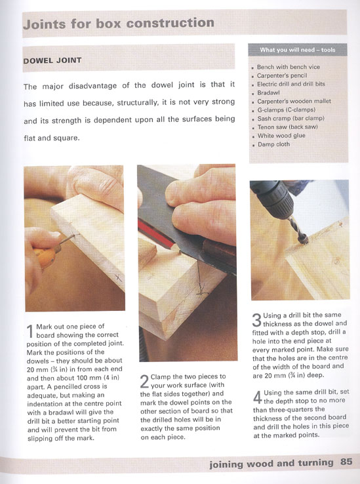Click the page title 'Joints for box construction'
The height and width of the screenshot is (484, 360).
click(119, 24)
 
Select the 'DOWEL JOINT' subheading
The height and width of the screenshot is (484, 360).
click(52, 60)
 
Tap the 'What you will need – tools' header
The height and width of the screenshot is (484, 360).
click(297, 50)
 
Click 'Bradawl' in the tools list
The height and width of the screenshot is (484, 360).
click(268, 92)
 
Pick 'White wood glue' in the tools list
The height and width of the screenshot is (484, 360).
click(281, 136)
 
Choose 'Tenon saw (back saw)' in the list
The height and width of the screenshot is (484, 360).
click(287, 127)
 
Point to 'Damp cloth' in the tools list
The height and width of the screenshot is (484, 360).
click(273, 144)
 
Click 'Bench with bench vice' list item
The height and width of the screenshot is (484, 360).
click(289, 67)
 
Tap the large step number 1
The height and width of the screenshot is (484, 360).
click(30, 332)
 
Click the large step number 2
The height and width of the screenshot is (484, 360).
click(144, 382)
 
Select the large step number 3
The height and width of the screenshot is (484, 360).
click(257, 320)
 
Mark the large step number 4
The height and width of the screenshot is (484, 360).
click(258, 397)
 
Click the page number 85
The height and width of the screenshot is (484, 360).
click(346, 462)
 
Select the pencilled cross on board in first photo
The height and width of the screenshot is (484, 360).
click(118, 278)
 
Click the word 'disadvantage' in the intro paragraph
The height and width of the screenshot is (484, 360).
click(92, 85)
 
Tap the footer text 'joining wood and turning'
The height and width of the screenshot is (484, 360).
click(271, 463)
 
